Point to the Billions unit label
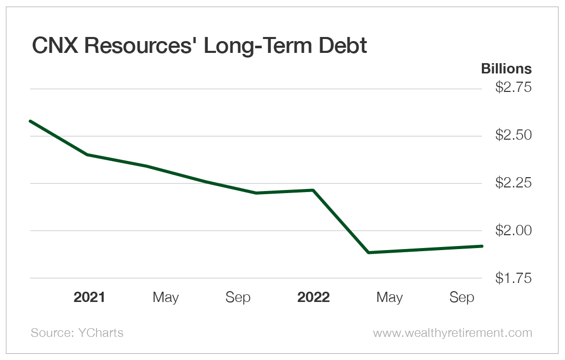tap(506, 69)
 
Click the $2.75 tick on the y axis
tap(513, 88)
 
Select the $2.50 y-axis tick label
tap(513, 136)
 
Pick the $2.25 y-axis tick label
tap(513, 183)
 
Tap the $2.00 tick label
tap(513, 231)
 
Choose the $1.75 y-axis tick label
tap(513, 278)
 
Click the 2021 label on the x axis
tap(89, 297)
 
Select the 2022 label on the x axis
tap(314, 297)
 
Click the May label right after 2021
tap(166, 297)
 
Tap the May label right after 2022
tap(389, 297)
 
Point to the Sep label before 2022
tap(238, 297)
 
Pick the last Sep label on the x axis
tap(462, 297)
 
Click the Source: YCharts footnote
tap(77, 333)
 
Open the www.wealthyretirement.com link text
tap(452, 333)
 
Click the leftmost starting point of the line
tap(31, 121)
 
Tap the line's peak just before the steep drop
tap(313, 191)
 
